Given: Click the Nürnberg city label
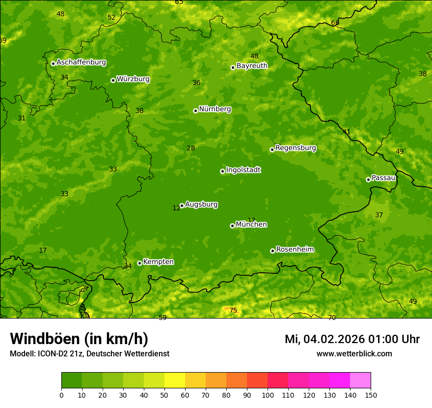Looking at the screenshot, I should (215, 109).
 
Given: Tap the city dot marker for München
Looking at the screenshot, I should (232, 226).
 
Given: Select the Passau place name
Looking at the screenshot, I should (383, 178).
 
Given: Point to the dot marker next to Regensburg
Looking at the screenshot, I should (272, 149).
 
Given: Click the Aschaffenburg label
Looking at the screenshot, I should (81, 62).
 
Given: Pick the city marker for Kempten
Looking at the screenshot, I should (139, 263).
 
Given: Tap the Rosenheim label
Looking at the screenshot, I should (295, 250).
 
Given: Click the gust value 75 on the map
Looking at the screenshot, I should (233, 310).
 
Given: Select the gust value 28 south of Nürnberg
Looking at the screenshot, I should (191, 148).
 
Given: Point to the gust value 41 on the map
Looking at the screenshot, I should (347, 132).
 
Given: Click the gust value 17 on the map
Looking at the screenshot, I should (43, 250).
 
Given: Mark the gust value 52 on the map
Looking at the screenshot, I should (111, 17).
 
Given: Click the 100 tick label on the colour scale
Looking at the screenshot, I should (268, 394).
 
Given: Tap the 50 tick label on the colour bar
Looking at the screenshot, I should (164, 394).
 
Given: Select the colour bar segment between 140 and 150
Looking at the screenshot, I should (360, 380).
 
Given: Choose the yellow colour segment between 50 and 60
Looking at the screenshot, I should (175, 380).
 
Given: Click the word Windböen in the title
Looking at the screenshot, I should (45, 339).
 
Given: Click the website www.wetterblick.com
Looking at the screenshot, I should (354, 353).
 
